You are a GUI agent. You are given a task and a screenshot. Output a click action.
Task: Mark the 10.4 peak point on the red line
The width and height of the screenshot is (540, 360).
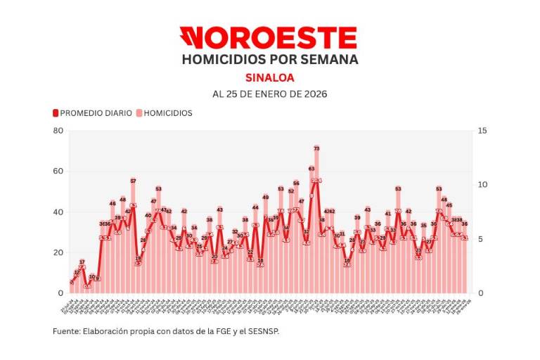click(x=316, y=181)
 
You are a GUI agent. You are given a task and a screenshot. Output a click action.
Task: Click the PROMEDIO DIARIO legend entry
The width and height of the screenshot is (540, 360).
click(x=92, y=112)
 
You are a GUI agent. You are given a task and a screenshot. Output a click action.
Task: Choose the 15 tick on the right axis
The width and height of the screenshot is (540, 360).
click(x=481, y=131)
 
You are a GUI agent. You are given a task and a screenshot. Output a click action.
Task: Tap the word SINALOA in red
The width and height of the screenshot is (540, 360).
click(x=270, y=77)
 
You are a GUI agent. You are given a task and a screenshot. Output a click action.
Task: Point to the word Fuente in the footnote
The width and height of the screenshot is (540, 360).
click(x=65, y=330)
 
